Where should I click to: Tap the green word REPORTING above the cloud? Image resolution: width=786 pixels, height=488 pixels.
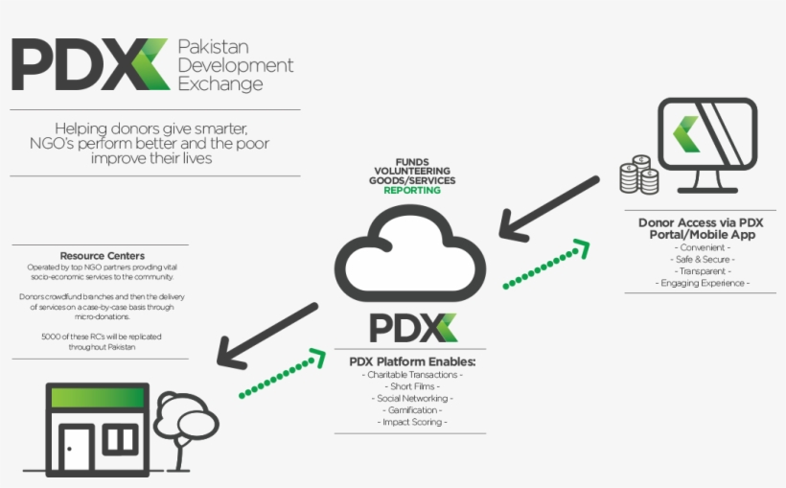412,191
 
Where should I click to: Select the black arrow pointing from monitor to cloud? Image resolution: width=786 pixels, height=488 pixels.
551,206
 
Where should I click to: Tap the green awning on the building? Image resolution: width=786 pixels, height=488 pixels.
100,397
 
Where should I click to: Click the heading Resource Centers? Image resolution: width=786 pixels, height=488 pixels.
103,256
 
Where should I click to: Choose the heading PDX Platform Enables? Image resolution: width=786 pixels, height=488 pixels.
412,361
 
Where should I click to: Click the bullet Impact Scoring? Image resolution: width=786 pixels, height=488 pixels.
413,422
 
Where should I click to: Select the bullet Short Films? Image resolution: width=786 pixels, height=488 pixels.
413,386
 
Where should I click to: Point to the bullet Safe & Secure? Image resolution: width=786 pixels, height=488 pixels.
705,259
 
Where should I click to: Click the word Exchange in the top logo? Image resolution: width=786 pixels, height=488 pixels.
220,84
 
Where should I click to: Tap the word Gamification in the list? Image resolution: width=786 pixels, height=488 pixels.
413,410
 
